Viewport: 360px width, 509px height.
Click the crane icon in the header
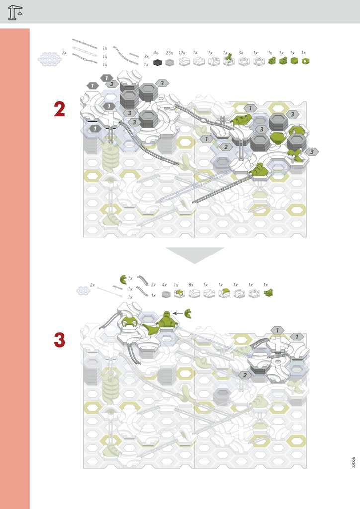pyautogui.click(x=15, y=12)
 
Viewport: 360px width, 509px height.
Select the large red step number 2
pyautogui.click(x=59, y=109)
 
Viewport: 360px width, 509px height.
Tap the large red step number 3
pyautogui.click(x=59, y=340)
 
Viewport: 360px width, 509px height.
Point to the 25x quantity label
pyautogui.click(x=169, y=53)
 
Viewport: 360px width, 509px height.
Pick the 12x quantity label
pyautogui.click(x=182, y=53)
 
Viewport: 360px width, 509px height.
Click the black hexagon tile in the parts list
pyautogui.click(x=157, y=62)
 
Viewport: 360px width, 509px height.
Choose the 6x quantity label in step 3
pyautogui.click(x=191, y=285)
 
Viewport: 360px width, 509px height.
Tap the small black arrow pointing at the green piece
pyautogui.click(x=178, y=313)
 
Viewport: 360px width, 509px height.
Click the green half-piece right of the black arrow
pyautogui.click(x=188, y=314)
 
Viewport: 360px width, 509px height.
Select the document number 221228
pyautogui.click(x=354, y=462)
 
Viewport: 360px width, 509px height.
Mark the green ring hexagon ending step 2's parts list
pyautogui.click(x=305, y=61)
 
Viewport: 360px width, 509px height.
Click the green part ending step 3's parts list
pyautogui.click(x=268, y=293)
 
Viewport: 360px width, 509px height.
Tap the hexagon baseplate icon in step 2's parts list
pyautogui.click(x=49, y=59)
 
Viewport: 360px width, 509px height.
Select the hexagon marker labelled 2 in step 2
pyautogui.click(x=226, y=147)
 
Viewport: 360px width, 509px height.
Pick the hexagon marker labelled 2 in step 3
pyautogui.click(x=245, y=375)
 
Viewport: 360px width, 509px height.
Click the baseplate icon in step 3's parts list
pyautogui.click(x=83, y=290)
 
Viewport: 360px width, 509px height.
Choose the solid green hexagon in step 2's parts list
pyautogui.click(x=294, y=61)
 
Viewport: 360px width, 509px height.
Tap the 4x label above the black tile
pyautogui.click(x=156, y=53)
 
